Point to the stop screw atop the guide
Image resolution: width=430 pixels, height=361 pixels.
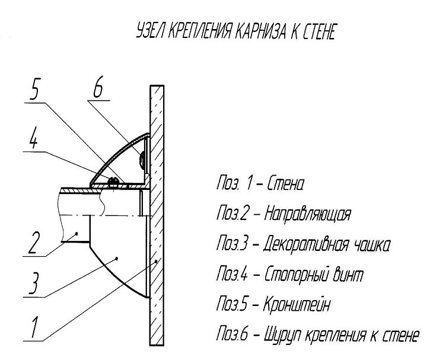tap(112, 179)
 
